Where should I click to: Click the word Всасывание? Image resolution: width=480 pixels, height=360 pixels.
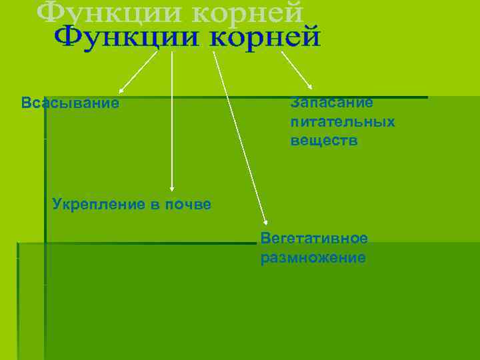click(70, 103)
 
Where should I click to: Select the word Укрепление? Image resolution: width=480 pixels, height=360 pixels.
click(97, 204)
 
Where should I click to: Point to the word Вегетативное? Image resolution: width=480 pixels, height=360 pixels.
click(314, 239)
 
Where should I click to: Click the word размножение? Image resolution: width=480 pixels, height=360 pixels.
click(313, 258)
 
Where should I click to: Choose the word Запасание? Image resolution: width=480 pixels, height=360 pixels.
click(331, 103)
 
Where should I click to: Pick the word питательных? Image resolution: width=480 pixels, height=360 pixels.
click(343, 122)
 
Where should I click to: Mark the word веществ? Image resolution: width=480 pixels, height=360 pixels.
click(324, 141)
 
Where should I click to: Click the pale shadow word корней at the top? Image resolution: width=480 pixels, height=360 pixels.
click(254, 11)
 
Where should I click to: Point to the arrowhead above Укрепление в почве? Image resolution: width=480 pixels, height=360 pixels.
click(172, 189)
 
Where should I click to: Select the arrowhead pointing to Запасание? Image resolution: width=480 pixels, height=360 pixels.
click(309, 87)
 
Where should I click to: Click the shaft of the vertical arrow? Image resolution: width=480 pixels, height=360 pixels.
click(172, 120)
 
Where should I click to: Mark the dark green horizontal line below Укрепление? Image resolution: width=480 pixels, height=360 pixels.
click(133, 243)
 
